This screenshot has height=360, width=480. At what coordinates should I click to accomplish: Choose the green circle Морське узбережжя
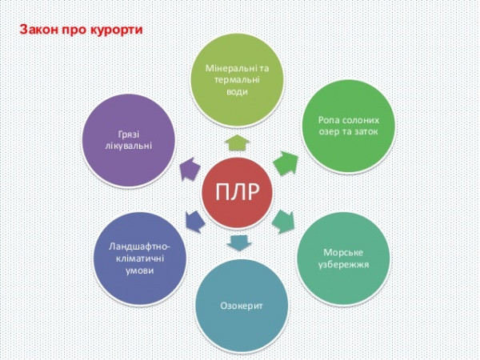[x=345, y=257]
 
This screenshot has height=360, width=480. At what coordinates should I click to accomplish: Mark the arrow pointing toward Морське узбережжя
[x=285, y=217]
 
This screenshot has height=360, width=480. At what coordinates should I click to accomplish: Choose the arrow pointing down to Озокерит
[x=238, y=242]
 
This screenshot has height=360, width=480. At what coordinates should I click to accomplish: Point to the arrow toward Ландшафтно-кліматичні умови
[x=193, y=216]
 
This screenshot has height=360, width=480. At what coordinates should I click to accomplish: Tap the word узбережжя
[x=346, y=264]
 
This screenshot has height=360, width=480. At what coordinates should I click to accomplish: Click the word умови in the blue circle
[x=138, y=271]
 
